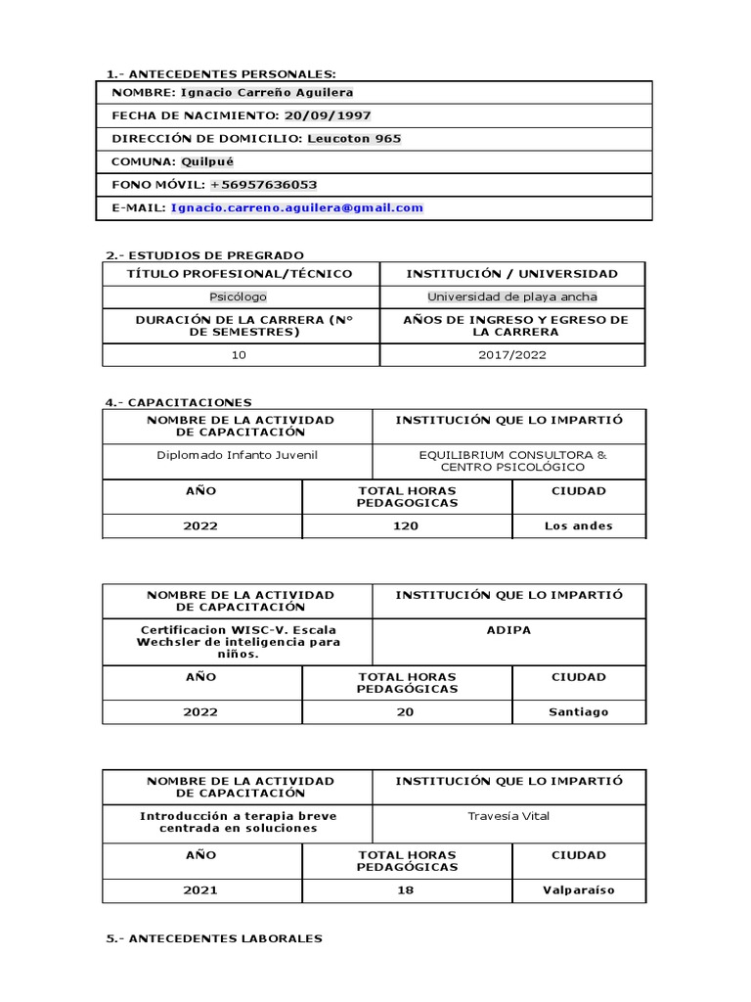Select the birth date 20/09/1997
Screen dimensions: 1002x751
click(x=328, y=115)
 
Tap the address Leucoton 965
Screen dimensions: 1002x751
click(x=354, y=138)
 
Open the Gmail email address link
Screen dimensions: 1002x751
click(x=296, y=207)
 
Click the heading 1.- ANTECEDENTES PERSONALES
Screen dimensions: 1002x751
click(x=220, y=73)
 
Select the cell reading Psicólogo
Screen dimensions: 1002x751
click(x=240, y=296)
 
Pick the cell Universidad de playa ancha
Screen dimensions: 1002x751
click(x=511, y=296)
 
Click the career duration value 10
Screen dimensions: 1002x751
click(x=240, y=354)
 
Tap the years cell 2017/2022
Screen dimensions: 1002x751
click(x=511, y=354)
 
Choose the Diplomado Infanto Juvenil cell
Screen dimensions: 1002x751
click(x=238, y=455)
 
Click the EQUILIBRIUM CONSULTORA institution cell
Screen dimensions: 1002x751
click(x=508, y=461)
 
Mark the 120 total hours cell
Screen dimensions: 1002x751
click(x=406, y=526)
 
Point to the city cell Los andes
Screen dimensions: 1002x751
click(x=578, y=526)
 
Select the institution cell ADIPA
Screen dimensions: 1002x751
click(x=508, y=630)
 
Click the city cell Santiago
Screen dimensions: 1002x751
click(x=578, y=712)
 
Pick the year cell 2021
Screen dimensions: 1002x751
click(x=200, y=890)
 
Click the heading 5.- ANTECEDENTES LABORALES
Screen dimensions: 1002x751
click(x=213, y=939)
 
